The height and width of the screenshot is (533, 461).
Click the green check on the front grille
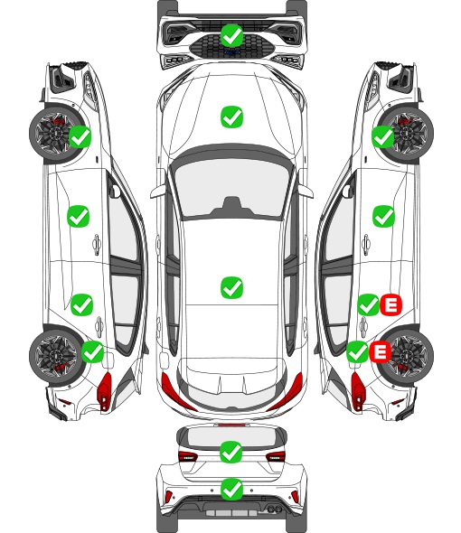pyautogui.click(x=231, y=35)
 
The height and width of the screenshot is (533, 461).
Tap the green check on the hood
pyautogui.click(x=231, y=117)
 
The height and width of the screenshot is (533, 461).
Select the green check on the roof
pyautogui.click(x=231, y=287)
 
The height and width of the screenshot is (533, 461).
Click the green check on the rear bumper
pyautogui.click(x=231, y=489)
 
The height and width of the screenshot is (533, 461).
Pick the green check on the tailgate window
pyautogui.click(x=231, y=452)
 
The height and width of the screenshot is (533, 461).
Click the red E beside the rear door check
pyautogui.click(x=390, y=305)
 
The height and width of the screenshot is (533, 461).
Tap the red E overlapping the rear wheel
pyautogui.click(x=380, y=351)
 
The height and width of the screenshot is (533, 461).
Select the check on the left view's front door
pyautogui.click(x=79, y=216)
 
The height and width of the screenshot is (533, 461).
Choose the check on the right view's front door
pyautogui.click(x=384, y=216)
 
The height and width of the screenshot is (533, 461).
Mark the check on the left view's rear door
pyautogui.click(x=81, y=304)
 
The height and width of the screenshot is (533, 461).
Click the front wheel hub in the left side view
pyautogui.click(x=53, y=134)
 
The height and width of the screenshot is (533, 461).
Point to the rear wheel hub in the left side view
pyautogui.click(x=54, y=356)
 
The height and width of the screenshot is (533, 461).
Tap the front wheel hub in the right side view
pyautogui.click(x=408, y=134)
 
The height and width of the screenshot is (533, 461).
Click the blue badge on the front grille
pyautogui.click(x=231, y=52)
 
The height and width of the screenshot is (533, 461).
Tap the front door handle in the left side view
pyautogui.click(x=97, y=243)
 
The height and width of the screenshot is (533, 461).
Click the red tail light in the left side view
pyautogui.click(x=105, y=391)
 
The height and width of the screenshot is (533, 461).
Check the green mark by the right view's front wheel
pyautogui.click(x=382, y=136)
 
